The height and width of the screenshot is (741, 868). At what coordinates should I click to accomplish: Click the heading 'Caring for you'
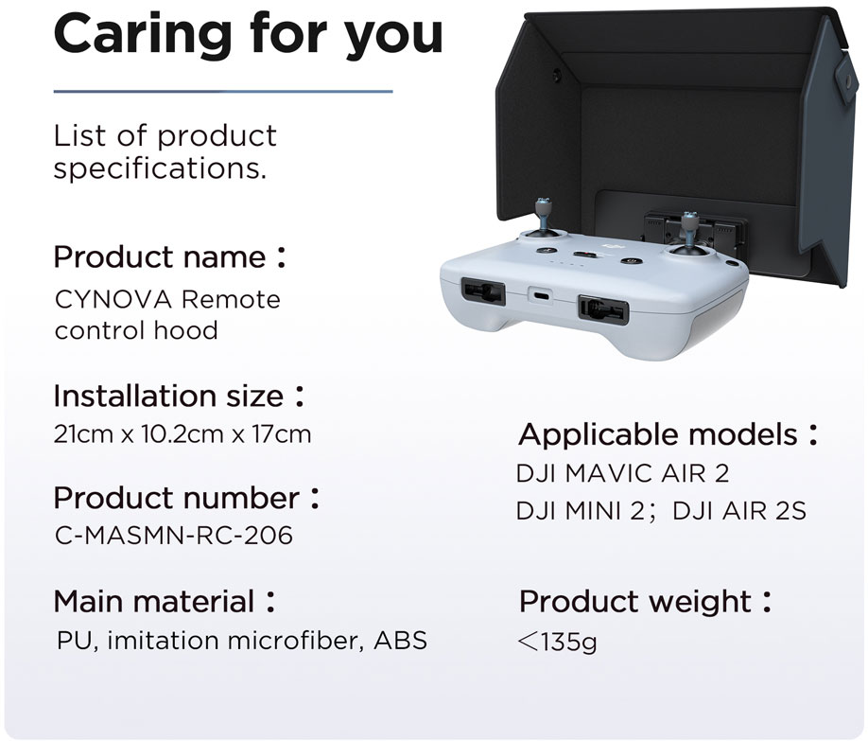click(x=249, y=34)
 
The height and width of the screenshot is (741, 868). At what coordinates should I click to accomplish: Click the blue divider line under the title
click(x=223, y=92)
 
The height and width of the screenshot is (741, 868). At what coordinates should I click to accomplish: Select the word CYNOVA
click(x=113, y=300)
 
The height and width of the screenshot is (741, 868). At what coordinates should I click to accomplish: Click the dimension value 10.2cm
click(x=182, y=434)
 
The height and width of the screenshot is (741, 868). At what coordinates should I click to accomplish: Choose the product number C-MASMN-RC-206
click(x=174, y=536)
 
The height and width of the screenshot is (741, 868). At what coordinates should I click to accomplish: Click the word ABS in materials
click(x=400, y=641)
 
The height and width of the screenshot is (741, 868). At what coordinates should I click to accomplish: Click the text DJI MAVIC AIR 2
click(x=622, y=474)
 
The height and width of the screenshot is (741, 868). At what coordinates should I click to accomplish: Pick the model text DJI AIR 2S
click(x=739, y=511)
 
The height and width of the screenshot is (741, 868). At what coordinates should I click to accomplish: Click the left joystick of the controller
click(x=543, y=219)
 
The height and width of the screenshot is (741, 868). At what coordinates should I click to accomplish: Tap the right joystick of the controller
click(x=689, y=234)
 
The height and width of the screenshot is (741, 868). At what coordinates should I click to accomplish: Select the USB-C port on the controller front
click(x=543, y=295)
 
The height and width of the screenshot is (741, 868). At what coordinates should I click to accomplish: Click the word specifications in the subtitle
click(x=160, y=168)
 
